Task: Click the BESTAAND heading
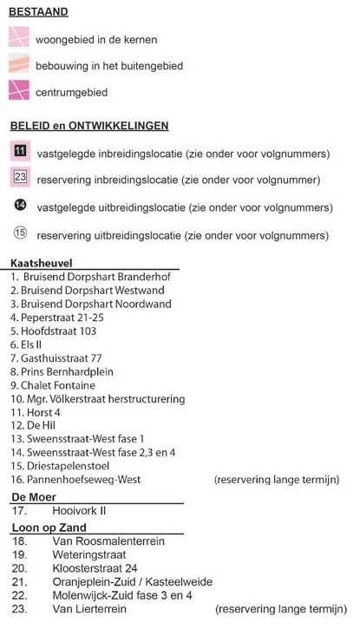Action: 39,13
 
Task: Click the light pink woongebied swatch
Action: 19,38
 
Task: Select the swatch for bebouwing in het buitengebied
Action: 19,64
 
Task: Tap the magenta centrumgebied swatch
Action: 19,90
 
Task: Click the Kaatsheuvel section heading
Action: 41,263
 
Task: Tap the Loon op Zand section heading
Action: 49,527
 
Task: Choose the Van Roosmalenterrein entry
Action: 107,541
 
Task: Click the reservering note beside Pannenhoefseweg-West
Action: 276,479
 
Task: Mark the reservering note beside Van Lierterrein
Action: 276,609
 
